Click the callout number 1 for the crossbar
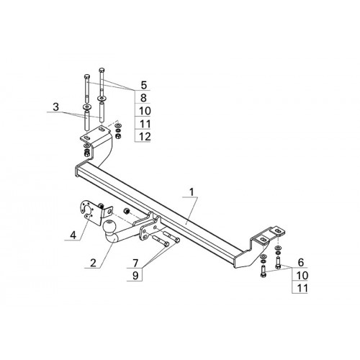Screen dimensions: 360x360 [x=192, y=192]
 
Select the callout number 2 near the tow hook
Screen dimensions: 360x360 [x=93, y=263]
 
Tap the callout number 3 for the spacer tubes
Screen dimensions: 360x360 [x=56, y=107]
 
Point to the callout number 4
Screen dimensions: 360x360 [x=73, y=235]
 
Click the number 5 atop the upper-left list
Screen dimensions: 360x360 [x=143, y=85]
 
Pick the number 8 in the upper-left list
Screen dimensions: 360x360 [x=143, y=98]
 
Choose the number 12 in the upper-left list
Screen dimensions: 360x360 [x=145, y=137]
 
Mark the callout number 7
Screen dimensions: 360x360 [x=135, y=264]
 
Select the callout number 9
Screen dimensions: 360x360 [x=135, y=276]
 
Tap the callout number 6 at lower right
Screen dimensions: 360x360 [x=301, y=263]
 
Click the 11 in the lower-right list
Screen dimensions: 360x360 [x=302, y=288]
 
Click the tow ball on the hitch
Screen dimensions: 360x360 [x=109, y=226]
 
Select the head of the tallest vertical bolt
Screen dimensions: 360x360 [x=102, y=71]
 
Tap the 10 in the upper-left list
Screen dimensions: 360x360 [x=145, y=111]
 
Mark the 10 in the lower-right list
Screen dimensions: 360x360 [x=302, y=275]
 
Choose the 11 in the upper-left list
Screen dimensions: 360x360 [x=145, y=124]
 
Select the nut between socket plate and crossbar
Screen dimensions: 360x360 [x=127, y=211]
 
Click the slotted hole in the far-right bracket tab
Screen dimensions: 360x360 [x=278, y=231]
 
